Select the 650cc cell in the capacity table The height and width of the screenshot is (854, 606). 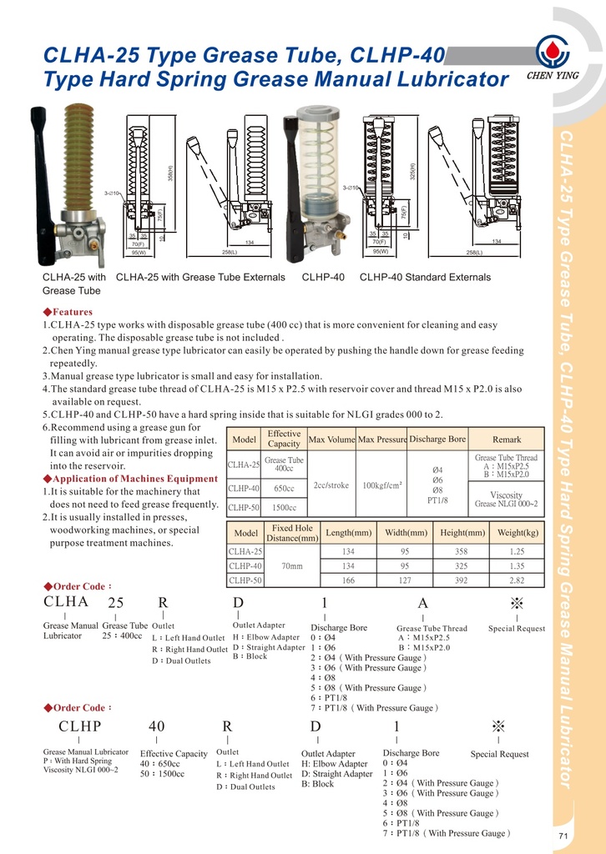[x=284, y=488]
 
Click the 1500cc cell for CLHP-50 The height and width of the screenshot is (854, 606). [x=284, y=506]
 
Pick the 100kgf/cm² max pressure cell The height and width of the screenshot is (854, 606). [x=382, y=484]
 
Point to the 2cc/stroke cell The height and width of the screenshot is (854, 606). [x=331, y=484]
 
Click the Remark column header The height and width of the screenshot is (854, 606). [x=507, y=440]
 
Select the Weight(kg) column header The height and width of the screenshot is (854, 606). [x=518, y=532]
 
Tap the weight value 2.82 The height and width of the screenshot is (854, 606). [x=518, y=580]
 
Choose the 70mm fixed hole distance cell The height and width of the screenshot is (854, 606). [x=292, y=565]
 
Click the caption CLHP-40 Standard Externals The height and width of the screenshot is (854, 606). [x=425, y=277]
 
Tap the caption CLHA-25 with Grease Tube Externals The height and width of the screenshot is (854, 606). [x=200, y=277]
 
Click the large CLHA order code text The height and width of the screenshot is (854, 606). [x=66, y=601]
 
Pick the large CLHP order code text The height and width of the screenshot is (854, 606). [x=80, y=726]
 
